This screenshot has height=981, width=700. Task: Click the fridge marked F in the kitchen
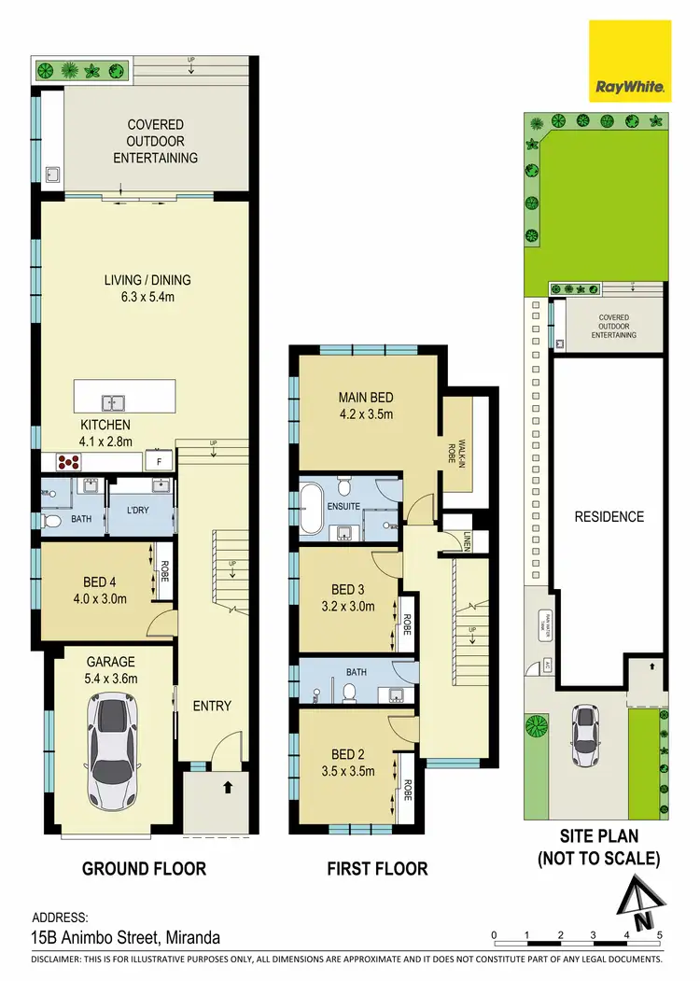(x=159, y=461)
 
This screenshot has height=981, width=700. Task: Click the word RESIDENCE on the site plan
(x=609, y=516)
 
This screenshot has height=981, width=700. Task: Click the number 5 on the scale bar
(x=659, y=933)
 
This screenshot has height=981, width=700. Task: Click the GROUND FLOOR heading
(x=144, y=869)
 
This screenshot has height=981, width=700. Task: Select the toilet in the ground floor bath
(x=52, y=521)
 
